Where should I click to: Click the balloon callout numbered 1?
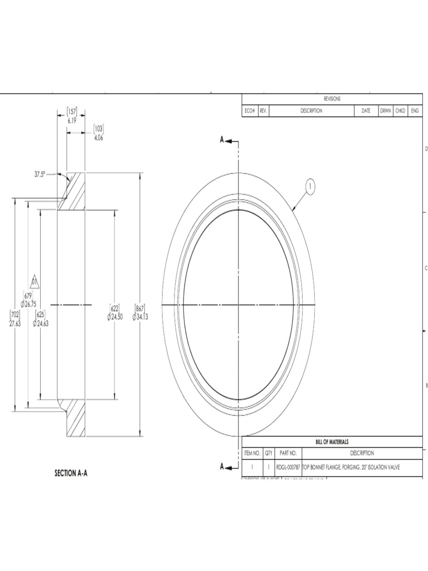[310, 186]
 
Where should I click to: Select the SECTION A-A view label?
[71, 473]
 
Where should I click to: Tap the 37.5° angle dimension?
[39, 174]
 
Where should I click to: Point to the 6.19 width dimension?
[72, 120]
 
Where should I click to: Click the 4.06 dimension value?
[98, 138]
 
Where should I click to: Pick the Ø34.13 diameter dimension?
[140, 317]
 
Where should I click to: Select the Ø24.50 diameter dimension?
[115, 317]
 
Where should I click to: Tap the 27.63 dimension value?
[14, 323]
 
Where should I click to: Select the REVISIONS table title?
[332, 99]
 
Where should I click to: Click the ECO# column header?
[249, 111]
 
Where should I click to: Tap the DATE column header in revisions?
[366, 111]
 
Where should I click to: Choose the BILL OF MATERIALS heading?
[332, 441]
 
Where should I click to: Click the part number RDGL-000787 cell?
[288, 467]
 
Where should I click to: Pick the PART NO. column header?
[288, 453]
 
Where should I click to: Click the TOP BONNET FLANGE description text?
[351, 467]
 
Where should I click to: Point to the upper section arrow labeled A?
[228, 141]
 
